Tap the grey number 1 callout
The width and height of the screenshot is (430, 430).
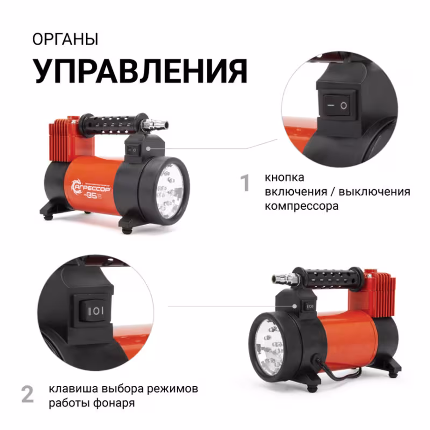point(245,183)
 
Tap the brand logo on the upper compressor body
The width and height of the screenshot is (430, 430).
point(88,187)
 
